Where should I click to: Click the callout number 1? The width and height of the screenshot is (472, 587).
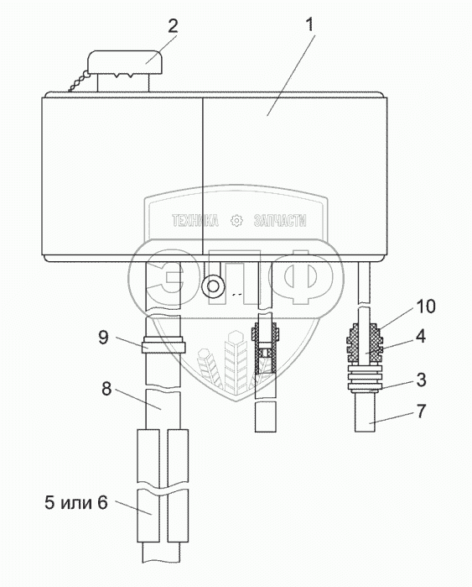310,25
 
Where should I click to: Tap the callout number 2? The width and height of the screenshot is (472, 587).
173,26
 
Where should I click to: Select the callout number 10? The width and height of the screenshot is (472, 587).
426,307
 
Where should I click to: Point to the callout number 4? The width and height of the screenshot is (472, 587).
421,336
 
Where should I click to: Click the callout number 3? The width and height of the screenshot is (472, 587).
421,380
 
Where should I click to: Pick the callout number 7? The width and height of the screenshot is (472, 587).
421,411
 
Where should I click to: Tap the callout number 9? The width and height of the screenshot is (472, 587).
103,338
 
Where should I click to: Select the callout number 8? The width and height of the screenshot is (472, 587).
106,389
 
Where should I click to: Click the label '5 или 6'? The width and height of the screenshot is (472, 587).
76,502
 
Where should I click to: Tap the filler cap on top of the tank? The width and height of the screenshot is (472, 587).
126,62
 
